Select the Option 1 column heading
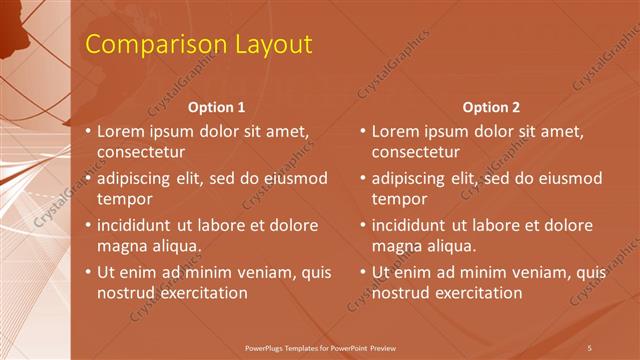tap(217, 107)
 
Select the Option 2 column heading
tap(492, 107)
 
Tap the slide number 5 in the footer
tap(589, 347)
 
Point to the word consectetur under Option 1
tap(141, 153)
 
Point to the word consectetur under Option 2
tap(416, 153)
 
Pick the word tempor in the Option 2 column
tap(398, 199)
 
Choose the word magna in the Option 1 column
tap(121, 246)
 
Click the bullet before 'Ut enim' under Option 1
tap(88, 272)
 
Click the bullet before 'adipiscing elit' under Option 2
tap(363, 179)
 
